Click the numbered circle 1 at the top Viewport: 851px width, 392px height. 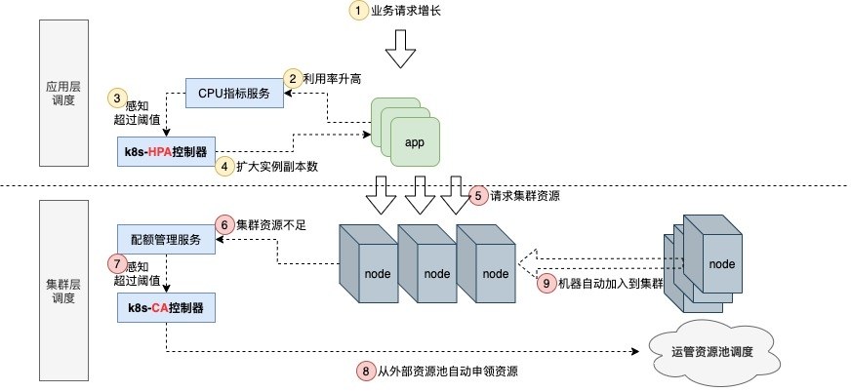[x=357, y=11]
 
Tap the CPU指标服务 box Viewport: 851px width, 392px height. [x=234, y=93]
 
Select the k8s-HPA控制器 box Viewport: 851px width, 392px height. [x=167, y=152]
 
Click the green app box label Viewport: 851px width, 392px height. [x=415, y=143]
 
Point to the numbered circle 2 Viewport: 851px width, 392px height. [x=293, y=79]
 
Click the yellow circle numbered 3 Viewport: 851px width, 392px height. [x=117, y=98]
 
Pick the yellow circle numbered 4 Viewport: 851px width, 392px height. [x=224, y=167]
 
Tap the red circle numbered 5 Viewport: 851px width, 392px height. [x=478, y=196]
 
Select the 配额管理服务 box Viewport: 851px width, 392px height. [x=166, y=239]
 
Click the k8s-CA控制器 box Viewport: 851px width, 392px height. [x=166, y=308]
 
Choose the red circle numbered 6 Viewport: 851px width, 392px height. [x=224, y=224]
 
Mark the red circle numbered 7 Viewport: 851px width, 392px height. [x=117, y=264]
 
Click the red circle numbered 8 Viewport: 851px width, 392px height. [x=366, y=372]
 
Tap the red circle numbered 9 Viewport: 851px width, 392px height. [x=547, y=283]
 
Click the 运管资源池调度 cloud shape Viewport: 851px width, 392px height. [x=714, y=351]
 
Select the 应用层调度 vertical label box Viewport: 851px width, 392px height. [x=63, y=93]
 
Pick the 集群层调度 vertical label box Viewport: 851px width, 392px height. [x=63, y=290]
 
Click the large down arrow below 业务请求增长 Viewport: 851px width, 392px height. [x=400, y=49]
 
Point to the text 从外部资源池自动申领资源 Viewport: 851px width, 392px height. [x=447, y=372]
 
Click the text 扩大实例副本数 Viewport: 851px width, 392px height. [x=277, y=167]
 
